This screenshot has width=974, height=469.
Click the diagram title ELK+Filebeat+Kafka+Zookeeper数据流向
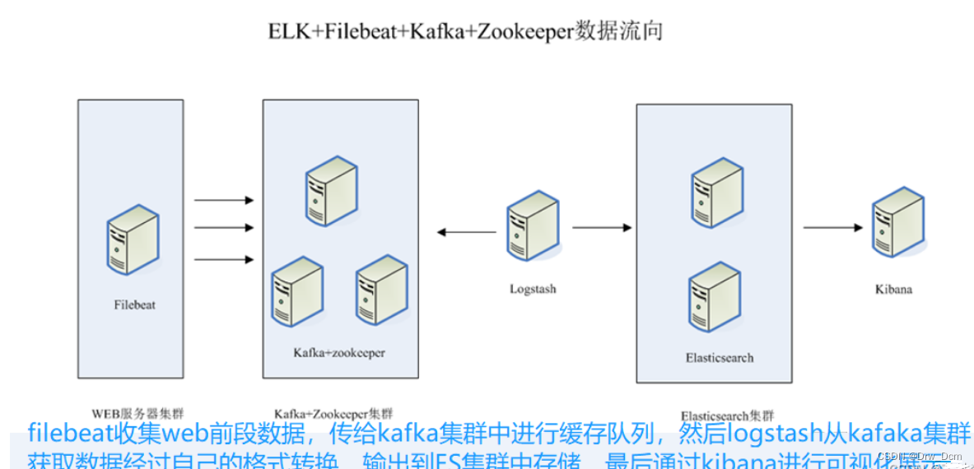[465, 32]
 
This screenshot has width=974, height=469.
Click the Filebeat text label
[134, 304]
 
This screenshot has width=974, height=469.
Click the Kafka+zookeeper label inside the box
[339, 353]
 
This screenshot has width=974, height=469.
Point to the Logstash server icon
[533, 226]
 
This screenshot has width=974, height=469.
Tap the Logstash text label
[533, 290]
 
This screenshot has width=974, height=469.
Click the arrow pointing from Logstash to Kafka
[465, 232]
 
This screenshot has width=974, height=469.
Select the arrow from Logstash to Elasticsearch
[602, 228]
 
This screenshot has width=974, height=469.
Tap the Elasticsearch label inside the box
[719, 358]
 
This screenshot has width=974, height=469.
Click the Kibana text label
[893, 290]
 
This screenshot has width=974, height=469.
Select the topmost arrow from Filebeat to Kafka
[223, 200]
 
